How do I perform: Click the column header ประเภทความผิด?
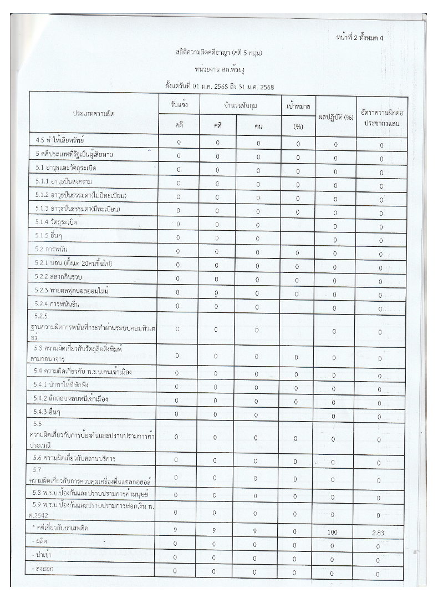pos(94,113)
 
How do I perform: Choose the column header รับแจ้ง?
pos(179,104)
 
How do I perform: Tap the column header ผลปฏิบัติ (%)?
pos(334,117)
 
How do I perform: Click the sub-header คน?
pos(258,126)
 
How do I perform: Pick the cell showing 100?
pos(333,531)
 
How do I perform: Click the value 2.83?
pos(379,533)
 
